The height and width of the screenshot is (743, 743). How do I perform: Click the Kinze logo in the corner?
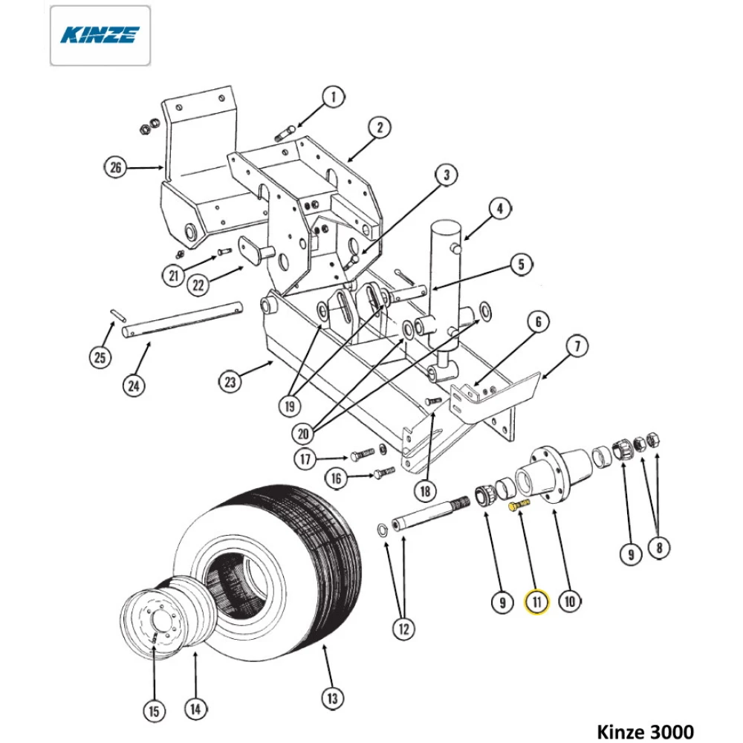(x=100, y=35)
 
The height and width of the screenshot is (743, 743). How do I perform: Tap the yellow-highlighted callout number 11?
(x=536, y=601)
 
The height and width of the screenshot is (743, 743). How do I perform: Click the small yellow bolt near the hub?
(x=519, y=505)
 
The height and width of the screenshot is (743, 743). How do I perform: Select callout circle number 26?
(x=115, y=168)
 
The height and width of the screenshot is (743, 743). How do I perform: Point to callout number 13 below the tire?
(x=332, y=698)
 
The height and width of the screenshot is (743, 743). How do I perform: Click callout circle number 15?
(x=154, y=711)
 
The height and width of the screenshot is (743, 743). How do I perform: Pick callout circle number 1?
(x=334, y=97)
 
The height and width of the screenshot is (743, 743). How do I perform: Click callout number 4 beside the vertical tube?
(x=500, y=210)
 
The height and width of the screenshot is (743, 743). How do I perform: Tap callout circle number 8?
(x=658, y=549)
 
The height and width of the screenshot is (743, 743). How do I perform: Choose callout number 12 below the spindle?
(x=403, y=629)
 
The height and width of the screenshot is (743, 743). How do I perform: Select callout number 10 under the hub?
(x=570, y=600)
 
